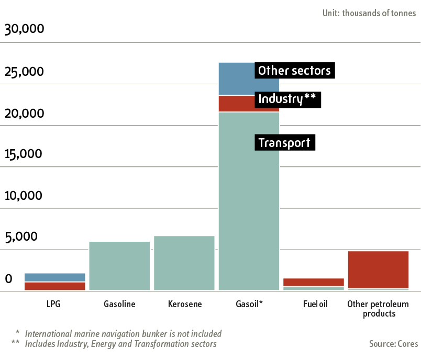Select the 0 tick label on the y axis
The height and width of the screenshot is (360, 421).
point(8,279)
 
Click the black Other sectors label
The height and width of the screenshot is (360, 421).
point(294,71)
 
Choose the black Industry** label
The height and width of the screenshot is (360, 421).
point(287,99)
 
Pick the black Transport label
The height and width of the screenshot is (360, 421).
point(284,142)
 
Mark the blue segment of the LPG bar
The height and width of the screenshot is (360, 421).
point(55,277)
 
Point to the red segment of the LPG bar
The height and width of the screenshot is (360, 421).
point(55,286)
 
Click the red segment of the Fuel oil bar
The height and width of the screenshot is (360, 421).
point(314,283)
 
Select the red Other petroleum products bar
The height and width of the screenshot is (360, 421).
point(378,269)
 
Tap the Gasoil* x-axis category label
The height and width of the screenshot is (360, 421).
point(249,304)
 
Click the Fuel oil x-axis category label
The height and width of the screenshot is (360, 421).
point(315,304)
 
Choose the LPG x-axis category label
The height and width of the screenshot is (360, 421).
point(53,304)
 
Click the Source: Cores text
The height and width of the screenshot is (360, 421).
point(393,344)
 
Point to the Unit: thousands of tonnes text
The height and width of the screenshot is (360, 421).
point(369,13)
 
